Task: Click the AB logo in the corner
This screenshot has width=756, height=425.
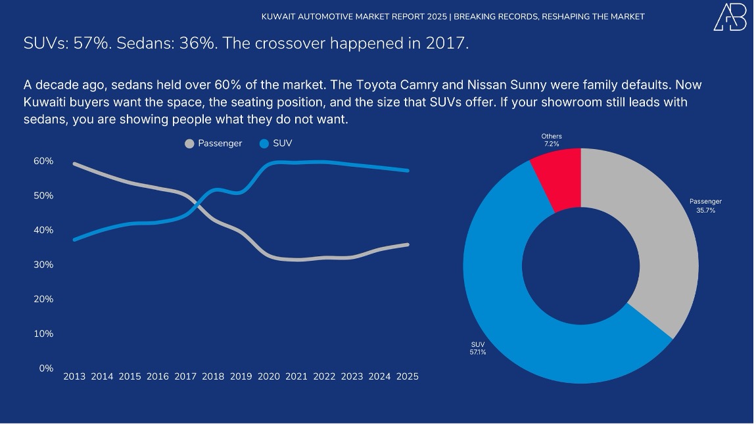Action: pyautogui.click(x=730, y=17)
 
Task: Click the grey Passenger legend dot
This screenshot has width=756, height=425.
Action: pyautogui.click(x=190, y=143)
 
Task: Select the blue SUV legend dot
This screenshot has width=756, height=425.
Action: pyautogui.click(x=264, y=143)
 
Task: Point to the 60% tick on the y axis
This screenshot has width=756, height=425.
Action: pyautogui.click(x=44, y=162)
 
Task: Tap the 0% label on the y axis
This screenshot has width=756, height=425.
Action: pyautogui.click(x=46, y=369)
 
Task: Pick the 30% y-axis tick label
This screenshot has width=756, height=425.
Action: pyautogui.click(x=44, y=265)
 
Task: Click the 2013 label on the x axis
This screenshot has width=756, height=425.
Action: pyautogui.click(x=74, y=377)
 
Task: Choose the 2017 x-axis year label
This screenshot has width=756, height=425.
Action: pyautogui.click(x=185, y=377)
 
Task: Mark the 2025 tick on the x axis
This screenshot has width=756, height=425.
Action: pyautogui.click(x=408, y=377)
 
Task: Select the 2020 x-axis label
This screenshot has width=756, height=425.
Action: pyautogui.click(x=269, y=377)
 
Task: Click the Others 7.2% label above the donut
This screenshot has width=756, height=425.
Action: pyautogui.click(x=552, y=140)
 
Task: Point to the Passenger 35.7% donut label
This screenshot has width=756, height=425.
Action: pyautogui.click(x=705, y=206)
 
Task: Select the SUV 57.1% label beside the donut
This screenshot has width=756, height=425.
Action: pyautogui.click(x=478, y=348)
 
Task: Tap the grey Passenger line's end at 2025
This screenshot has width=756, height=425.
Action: pyautogui.click(x=408, y=244)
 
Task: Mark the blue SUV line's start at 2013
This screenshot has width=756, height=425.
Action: pyautogui.click(x=74, y=240)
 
